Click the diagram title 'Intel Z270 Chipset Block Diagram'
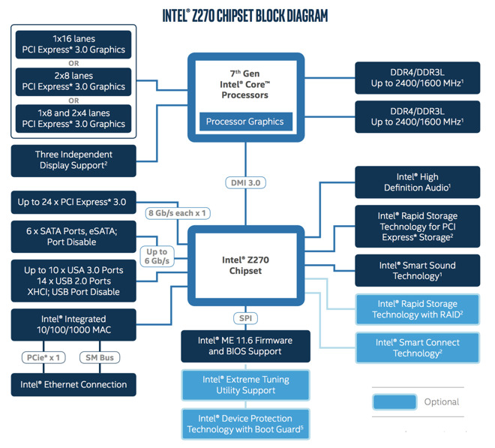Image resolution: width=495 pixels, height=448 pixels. tap(245, 15)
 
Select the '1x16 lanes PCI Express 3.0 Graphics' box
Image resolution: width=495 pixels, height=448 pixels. tap(73, 44)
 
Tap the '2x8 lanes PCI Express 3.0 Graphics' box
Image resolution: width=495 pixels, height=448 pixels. tap(73, 81)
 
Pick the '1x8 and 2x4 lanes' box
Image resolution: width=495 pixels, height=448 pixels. tap(73, 119)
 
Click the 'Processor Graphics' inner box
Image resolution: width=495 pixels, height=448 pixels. tap(244, 122)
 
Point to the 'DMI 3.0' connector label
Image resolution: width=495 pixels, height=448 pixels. tap(245, 182)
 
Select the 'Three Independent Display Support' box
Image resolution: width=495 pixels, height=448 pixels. tap(73, 160)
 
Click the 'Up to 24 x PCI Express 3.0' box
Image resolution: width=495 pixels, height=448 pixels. tap(73, 202)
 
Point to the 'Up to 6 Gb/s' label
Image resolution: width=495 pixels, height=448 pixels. tap(157, 257)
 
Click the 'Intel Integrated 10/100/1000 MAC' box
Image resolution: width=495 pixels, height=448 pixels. tap(73, 324)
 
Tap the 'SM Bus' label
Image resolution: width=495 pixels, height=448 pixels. tap(99, 357)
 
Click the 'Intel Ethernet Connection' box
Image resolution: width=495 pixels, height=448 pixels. tap(73, 384)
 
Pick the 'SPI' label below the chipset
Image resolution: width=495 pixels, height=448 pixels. tap(245, 318)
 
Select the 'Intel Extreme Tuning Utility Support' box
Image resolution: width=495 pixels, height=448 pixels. tap(245, 385)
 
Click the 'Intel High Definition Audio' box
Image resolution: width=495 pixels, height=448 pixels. tap(418, 182)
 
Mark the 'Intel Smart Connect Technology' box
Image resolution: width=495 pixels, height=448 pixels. tap(418, 347)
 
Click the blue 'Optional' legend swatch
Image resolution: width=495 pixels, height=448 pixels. tap(394, 401)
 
